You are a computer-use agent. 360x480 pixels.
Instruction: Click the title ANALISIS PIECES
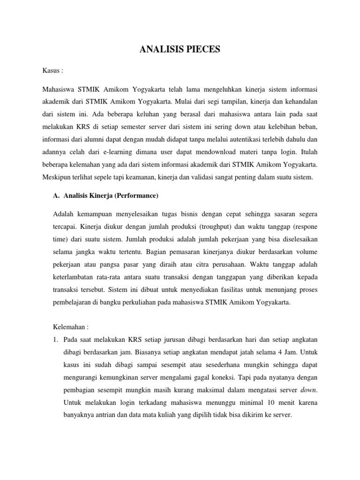tap(180, 50)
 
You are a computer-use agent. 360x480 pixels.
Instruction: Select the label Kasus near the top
tap(52, 70)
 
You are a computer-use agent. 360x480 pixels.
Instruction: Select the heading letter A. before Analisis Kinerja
tap(57, 196)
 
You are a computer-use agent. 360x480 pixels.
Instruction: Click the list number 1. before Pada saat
tap(56, 339)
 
